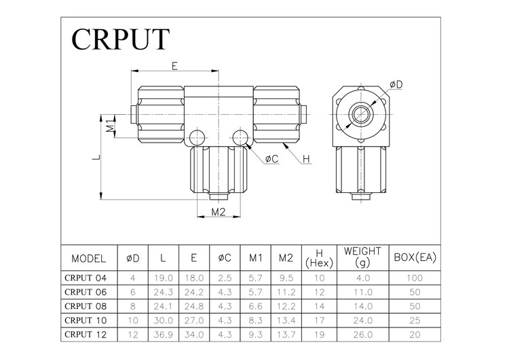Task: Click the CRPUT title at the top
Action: click(x=119, y=39)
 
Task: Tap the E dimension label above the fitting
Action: click(x=174, y=66)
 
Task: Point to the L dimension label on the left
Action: click(x=98, y=158)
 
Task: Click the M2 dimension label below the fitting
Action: click(x=218, y=212)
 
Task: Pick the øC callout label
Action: click(x=271, y=158)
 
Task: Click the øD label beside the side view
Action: click(x=396, y=84)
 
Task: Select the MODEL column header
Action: click(x=89, y=259)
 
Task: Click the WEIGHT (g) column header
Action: click(x=362, y=257)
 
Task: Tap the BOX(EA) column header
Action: click(x=415, y=259)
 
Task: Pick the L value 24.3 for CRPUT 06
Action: click(x=163, y=291)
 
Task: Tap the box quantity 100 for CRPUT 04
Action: click(x=415, y=278)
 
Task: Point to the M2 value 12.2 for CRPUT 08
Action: click(x=286, y=306)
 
